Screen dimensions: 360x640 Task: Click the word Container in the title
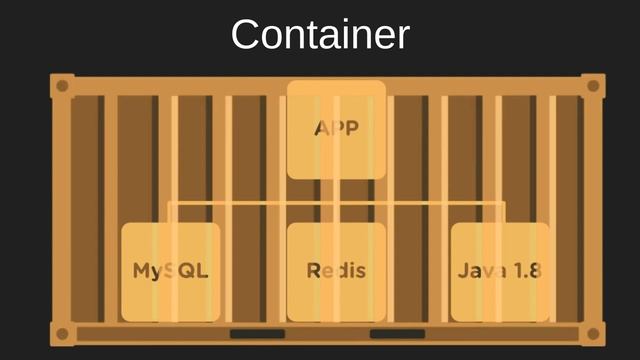point(320,35)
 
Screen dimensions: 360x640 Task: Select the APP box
point(336,129)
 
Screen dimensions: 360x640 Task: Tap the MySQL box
point(171,271)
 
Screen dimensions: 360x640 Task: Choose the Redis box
point(336,271)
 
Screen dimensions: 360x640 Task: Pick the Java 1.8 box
point(500,271)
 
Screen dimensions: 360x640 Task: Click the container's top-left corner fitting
point(62,86)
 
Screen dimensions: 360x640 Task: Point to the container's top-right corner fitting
point(592,86)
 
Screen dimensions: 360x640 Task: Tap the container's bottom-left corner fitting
point(62,334)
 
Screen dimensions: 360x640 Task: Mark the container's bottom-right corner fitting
point(592,334)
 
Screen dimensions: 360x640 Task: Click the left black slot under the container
point(257,334)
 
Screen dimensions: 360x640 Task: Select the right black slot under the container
point(397,334)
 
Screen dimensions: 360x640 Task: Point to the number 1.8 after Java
point(527,271)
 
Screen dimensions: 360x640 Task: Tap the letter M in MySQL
point(143,271)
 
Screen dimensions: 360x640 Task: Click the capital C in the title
point(245,35)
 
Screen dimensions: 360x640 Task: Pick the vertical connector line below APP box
point(336,191)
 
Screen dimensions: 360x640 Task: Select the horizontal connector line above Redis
point(336,203)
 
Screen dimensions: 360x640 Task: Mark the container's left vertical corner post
point(62,210)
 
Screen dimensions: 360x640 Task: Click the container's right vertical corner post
point(593,210)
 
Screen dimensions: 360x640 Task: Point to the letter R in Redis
point(313,271)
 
